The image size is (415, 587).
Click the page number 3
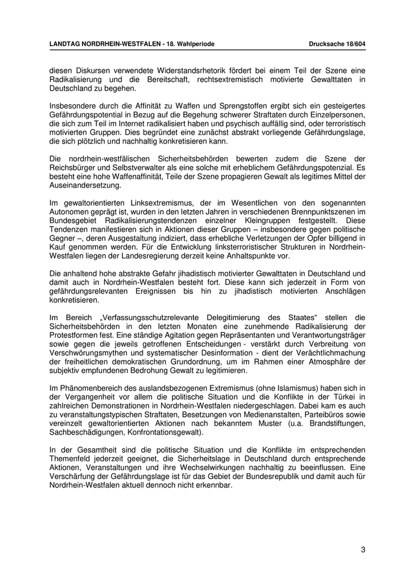click(x=363, y=550)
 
